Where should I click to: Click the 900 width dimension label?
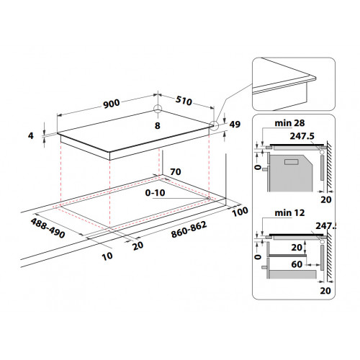click(x=112, y=104)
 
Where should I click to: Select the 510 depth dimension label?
click(x=184, y=101)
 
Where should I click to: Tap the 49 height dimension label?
click(x=235, y=124)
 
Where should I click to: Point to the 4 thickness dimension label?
click(x=31, y=136)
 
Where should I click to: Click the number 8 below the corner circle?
click(x=158, y=125)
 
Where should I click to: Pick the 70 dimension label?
click(x=176, y=172)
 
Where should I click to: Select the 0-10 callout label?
click(x=155, y=193)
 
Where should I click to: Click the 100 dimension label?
click(x=240, y=212)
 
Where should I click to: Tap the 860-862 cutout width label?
click(x=189, y=230)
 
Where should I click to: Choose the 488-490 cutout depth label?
click(x=48, y=228)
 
